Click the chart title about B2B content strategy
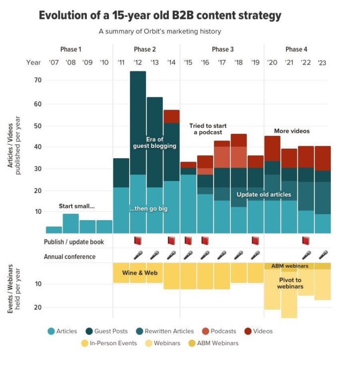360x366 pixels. coord(160,15)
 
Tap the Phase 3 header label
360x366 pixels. coord(222,49)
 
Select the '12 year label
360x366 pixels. coord(138,63)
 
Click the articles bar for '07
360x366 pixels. coord(54,230)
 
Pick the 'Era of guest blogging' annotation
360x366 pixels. coord(154,142)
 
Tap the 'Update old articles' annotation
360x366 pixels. coord(264,194)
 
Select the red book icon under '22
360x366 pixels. coord(306,241)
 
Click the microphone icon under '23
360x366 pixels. coord(323,255)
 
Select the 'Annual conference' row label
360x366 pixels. coord(70,256)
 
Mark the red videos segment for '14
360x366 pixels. coord(171,117)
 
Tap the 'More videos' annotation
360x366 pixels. coord(291,131)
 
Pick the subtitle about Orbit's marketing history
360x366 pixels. coord(159,32)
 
